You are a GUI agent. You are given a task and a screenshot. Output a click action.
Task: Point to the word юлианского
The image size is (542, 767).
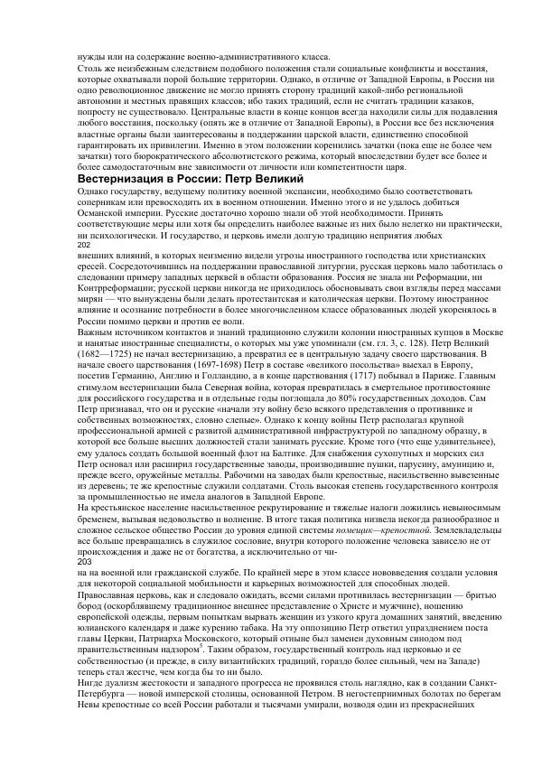coord(106,597)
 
